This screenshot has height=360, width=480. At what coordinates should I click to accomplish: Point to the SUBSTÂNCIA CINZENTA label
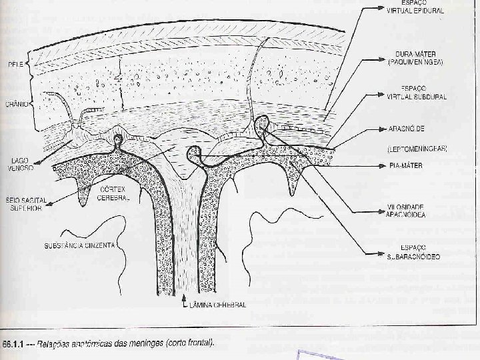tap(79, 245)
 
